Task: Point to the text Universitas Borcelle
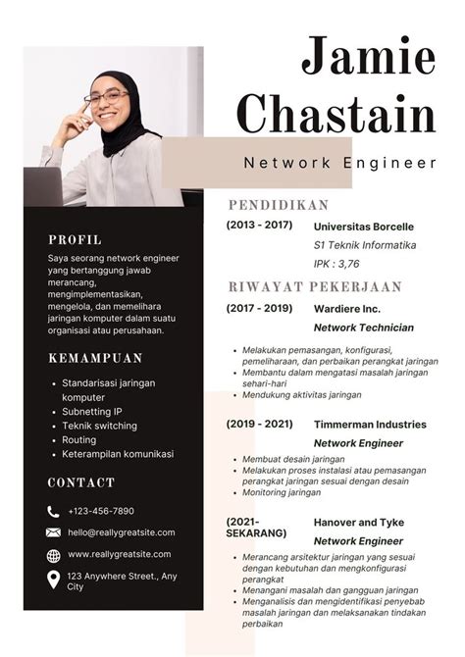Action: (364, 226)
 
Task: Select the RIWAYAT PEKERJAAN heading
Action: (315, 287)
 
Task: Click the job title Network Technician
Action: (363, 328)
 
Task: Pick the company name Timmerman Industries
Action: (370, 425)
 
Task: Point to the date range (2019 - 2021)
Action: (259, 425)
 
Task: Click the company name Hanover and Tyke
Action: (360, 522)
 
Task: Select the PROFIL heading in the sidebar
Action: (75, 238)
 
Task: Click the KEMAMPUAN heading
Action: (95, 358)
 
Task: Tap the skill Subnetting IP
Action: (92, 412)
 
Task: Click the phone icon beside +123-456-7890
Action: (53, 511)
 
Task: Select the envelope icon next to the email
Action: (53, 532)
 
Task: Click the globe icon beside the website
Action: (53, 555)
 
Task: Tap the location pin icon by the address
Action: (53, 580)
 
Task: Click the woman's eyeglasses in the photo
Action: (106, 96)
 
